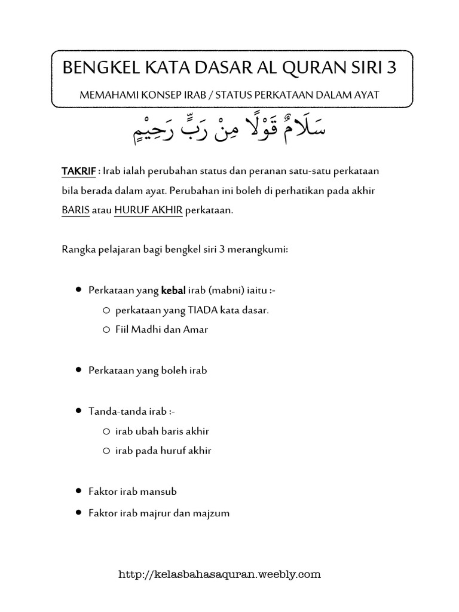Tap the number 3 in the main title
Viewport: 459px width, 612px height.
(x=391, y=68)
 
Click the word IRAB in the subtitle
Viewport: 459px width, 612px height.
(x=182, y=95)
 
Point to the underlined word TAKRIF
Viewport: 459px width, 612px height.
(x=78, y=172)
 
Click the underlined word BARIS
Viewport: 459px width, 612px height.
(x=75, y=212)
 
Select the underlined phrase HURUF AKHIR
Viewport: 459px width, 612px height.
(x=148, y=212)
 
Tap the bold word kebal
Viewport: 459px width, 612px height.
(x=173, y=290)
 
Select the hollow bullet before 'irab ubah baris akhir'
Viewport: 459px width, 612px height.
(x=106, y=431)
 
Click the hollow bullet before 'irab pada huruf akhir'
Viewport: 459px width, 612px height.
(x=106, y=451)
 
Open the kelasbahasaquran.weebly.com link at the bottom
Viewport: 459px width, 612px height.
(x=221, y=575)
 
